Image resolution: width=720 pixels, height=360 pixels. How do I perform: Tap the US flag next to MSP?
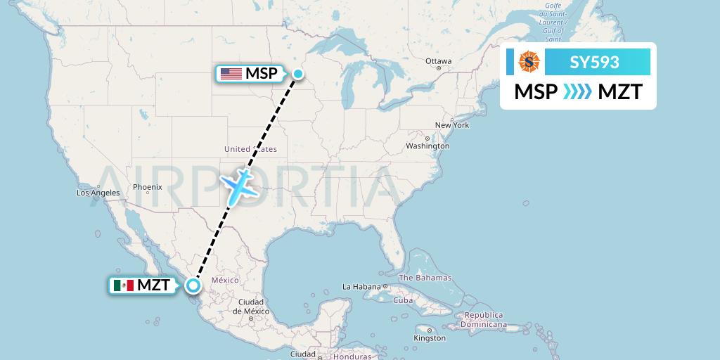pos(231,74)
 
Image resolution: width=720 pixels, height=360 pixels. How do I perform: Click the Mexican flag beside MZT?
pos(123,285)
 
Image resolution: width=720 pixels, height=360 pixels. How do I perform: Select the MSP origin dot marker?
pos(298,74)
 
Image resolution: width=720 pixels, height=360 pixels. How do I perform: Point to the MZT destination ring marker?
pos(193,285)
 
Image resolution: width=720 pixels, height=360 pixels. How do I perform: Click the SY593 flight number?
pos(594,63)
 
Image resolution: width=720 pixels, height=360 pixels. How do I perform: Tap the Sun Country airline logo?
pos(529,63)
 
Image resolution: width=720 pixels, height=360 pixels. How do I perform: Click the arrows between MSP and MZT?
pos(578,91)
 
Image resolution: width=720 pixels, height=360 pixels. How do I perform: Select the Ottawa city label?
pos(439,61)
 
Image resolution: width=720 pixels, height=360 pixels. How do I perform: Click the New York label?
pos(451,125)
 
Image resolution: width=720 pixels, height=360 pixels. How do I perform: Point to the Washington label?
pos(427,146)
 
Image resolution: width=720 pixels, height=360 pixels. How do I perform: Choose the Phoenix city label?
pos(148,187)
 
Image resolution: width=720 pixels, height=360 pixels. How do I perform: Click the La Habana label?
pos(361,287)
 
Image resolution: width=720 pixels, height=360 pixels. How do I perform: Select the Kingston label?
pos(430,338)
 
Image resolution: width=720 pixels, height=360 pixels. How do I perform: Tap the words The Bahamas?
pos(425,278)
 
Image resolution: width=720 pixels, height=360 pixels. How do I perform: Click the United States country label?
pos(250,149)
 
